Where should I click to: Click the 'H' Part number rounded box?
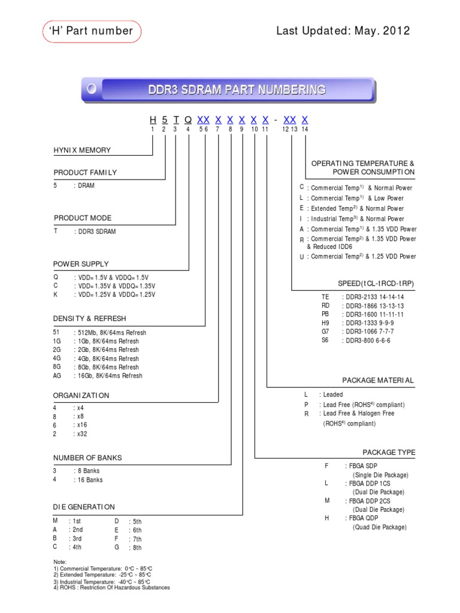pos(92,31)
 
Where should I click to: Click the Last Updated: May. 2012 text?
pos(343,31)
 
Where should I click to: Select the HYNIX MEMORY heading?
pos(82,150)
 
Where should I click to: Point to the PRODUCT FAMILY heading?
pos(85,172)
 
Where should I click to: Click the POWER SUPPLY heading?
pos(81,264)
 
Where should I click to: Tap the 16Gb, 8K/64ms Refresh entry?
pos(108,376)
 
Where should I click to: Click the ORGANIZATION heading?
pos(81,396)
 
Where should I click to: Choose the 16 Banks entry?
pos(88,480)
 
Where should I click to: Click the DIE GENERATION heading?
pos(84,507)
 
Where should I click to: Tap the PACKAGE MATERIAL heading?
pos(378,380)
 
